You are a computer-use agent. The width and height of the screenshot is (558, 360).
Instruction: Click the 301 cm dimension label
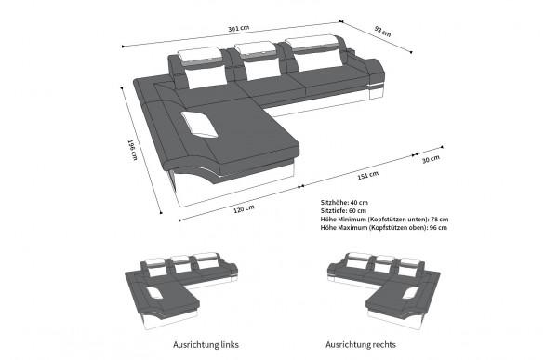(x=238, y=28)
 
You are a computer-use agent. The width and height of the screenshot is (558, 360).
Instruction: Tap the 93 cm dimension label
(x=382, y=32)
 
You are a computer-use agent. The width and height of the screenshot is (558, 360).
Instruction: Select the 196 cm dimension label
(x=132, y=149)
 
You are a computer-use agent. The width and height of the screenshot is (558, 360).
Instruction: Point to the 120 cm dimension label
(x=244, y=208)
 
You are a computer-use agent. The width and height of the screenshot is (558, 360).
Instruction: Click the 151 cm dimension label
(x=368, y=175)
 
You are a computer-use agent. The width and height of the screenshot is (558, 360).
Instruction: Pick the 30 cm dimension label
(x=431, y=159)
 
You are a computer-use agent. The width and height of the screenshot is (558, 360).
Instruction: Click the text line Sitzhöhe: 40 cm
(x=344, y=202)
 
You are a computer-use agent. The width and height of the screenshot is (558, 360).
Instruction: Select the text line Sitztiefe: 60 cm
(x=343, y=210)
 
